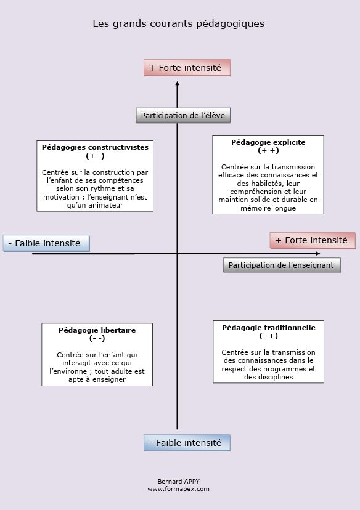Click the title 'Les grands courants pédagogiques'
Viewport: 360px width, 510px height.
[179, 24]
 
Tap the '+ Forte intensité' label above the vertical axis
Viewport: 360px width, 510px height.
[187, 68]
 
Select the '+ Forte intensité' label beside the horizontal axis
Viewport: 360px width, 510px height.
[312, 240]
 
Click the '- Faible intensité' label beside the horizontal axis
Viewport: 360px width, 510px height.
[46, 243]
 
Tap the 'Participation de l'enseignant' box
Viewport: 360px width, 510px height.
[281, 265]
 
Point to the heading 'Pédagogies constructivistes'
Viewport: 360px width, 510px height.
[95, 148]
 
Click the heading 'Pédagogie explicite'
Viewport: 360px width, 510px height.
[268, 142]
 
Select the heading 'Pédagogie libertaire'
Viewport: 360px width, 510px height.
[97, 330]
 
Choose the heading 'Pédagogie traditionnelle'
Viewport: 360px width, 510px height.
[269, 328]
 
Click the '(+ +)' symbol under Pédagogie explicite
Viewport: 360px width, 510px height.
[268, 150]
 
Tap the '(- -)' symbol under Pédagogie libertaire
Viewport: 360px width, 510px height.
[97, 338]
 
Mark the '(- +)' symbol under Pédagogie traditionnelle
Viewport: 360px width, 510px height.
[269, 336]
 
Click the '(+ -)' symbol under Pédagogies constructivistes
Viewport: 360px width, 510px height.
[95, 156]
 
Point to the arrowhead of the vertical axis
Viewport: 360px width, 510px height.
[178, 84]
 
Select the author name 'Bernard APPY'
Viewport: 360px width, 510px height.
[179, 481]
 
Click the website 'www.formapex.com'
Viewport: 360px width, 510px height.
[179, 488]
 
